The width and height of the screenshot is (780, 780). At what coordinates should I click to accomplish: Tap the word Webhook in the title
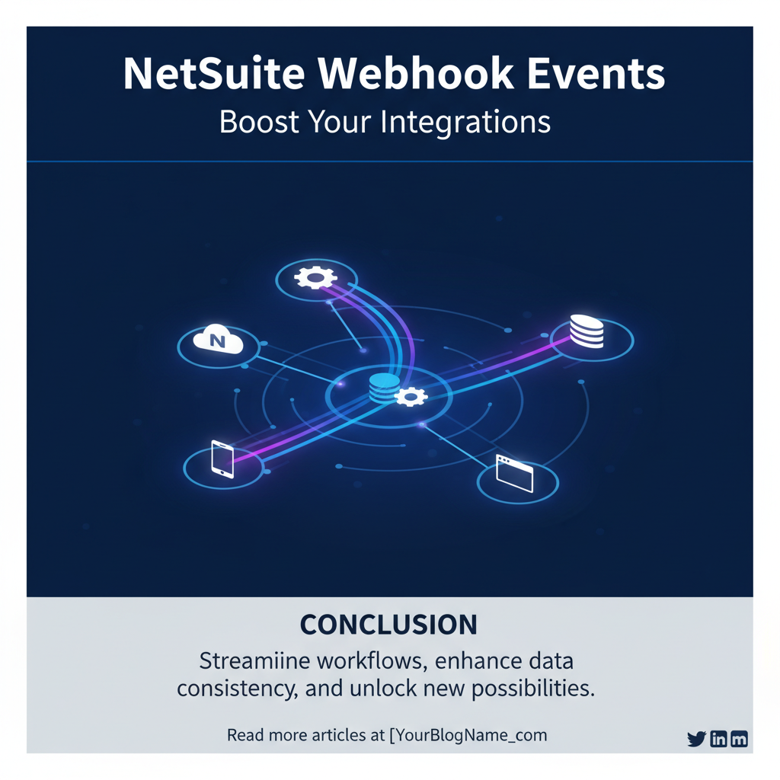(x=417, y=75)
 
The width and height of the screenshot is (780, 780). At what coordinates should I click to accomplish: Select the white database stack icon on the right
(x=587, y=332)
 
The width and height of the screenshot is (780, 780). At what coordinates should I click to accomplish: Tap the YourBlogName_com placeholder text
(x=469, y=736)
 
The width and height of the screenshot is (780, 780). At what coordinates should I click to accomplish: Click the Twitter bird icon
(x=696, y=739)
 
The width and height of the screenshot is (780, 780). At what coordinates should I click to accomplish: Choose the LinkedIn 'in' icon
(x=718, y=739)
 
